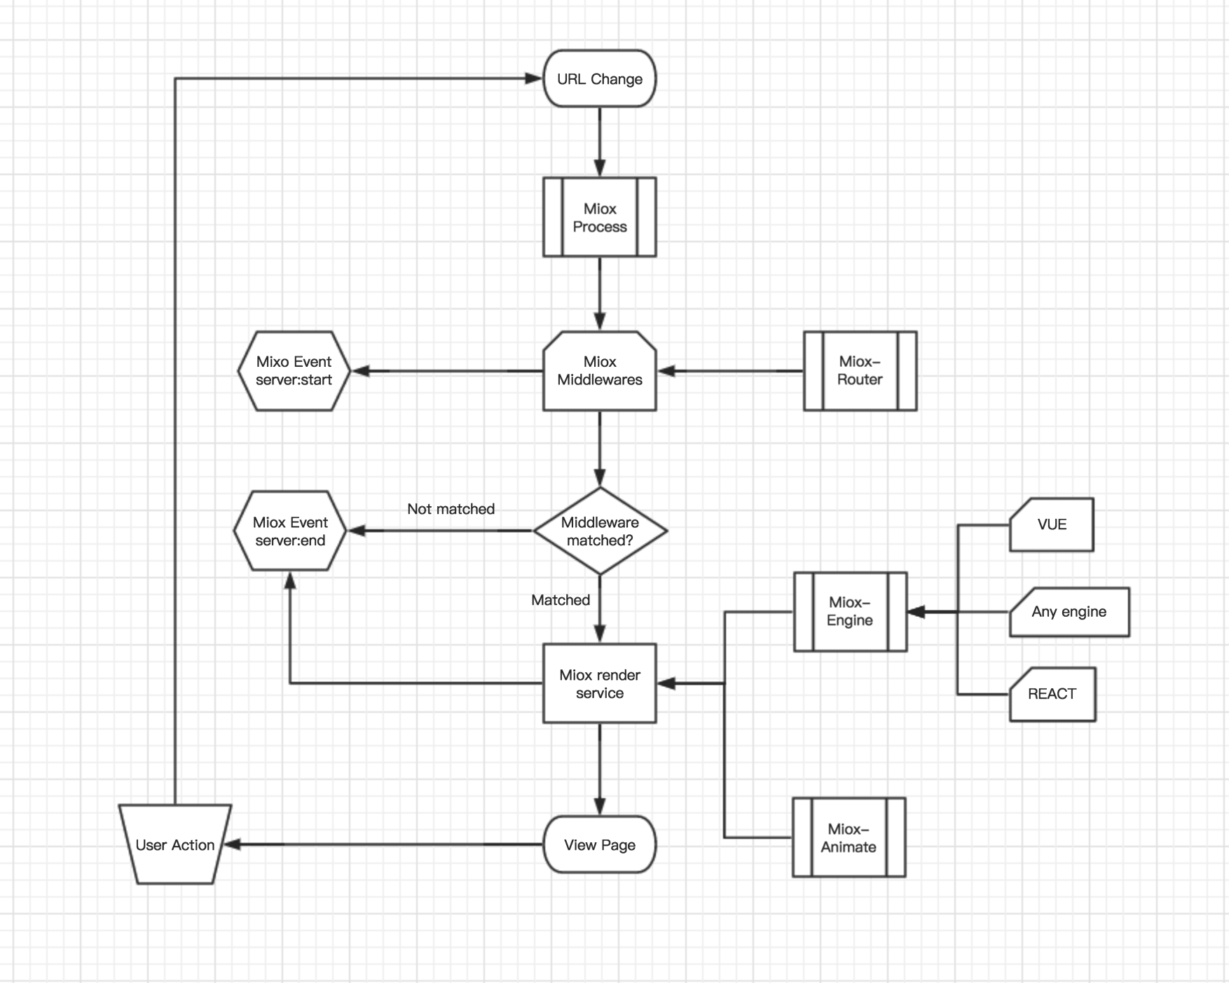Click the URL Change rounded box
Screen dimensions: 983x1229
click(x=600, y=78)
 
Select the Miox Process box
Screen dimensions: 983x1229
click(x=600, y=217)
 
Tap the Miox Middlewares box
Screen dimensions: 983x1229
click(x=600, y=371)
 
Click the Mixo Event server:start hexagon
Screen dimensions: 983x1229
click(x=294, y=371)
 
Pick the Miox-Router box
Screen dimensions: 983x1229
click(x=860, y=371)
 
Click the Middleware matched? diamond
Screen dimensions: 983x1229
click(x=600, y=531)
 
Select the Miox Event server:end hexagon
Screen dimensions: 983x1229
click(x=290, y=531)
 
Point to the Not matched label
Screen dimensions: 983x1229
click(x=451, y=509)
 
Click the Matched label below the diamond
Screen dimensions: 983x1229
click(x=561, y=600)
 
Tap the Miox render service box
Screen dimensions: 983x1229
click(x=600, y=683)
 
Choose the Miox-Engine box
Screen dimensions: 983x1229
click(x=850, y=612)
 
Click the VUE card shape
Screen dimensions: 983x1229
click(x=1051, y=524)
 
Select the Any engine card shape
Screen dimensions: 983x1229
click(x=1069, y=612)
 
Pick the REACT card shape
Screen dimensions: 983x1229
click(x=1052, y=694)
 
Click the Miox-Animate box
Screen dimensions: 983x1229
click(x=849, y=837)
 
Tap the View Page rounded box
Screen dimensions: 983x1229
click(x=600, y=844)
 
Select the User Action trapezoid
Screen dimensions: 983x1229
click(x=175, y=844)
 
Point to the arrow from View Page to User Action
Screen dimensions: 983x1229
click(x=385, y=844)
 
